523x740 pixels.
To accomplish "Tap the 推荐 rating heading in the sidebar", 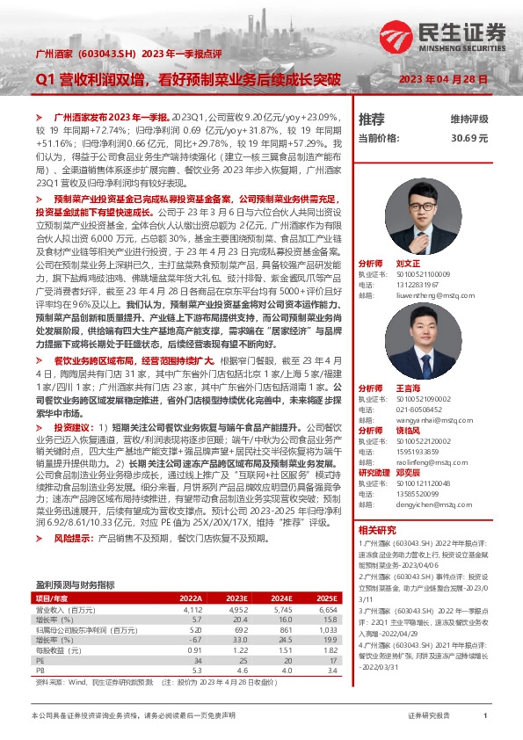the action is pyautogui.click(x=372, y=119).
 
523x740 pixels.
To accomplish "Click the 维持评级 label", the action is pyautogui.click(x=469, y=119).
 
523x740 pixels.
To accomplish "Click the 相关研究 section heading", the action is pyautogui.click(x=376, y=530).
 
